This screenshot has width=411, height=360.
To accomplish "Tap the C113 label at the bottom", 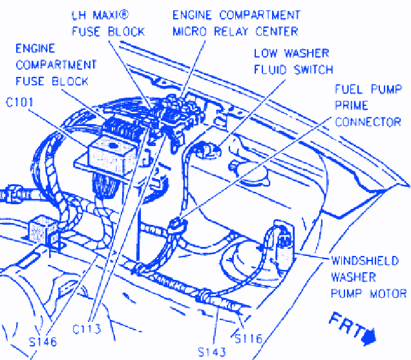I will pos(87,329).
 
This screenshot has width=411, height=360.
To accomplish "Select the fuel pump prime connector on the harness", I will pos(176,225).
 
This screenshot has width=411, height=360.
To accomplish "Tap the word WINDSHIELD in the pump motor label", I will pos(368,261).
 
